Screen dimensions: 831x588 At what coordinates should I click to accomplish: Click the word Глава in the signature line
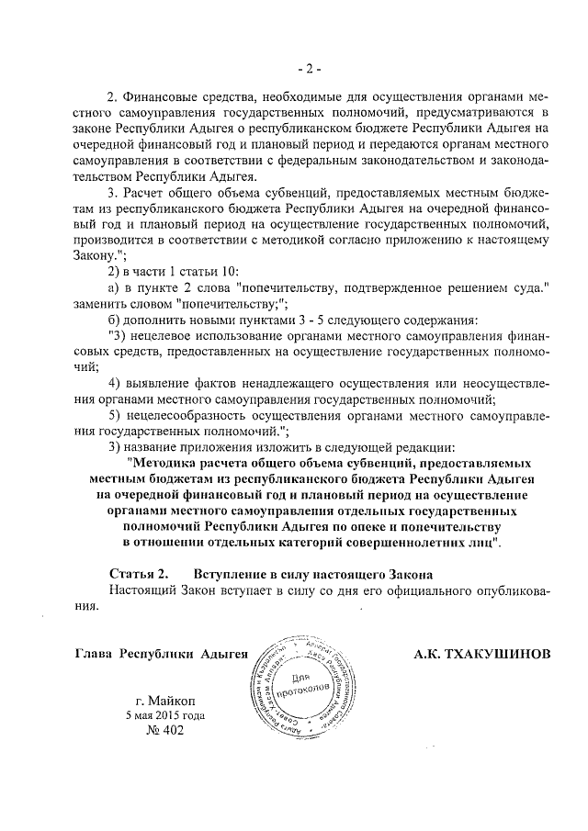coord(93,654)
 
